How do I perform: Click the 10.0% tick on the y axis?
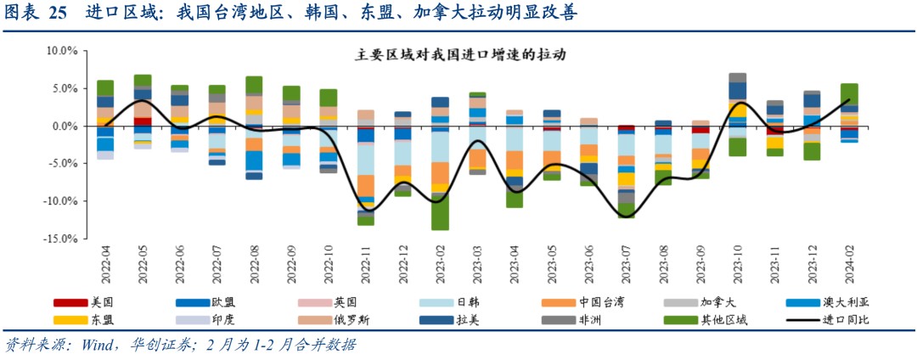pyautogui.click(x=62, y=51)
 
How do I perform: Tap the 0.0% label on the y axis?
pyautogui.click(x=64, y=127)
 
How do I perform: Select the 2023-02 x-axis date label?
pyautogui.click(x=441, y=264)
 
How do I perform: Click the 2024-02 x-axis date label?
pyautogui.click(x=850, y=264)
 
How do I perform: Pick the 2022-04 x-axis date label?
pyautogui.click(x=105, y=264)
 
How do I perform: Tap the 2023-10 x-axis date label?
pyautogui.click(x=738, y=264)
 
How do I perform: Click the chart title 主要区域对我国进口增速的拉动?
pyautogui.click(x=460, y=54)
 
